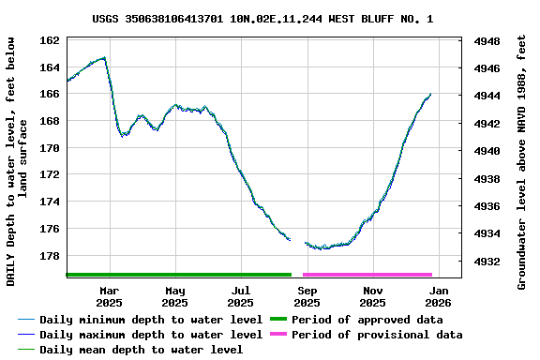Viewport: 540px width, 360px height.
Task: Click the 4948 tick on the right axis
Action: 487,42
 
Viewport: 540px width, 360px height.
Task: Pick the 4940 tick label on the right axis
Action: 487,151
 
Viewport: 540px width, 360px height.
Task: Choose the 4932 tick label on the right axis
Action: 487,262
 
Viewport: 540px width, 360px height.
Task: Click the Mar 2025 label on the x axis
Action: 110,296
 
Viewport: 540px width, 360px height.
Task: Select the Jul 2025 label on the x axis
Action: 241,296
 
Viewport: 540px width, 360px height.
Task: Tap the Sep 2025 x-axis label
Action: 307,296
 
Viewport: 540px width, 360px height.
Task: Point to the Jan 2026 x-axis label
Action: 439,296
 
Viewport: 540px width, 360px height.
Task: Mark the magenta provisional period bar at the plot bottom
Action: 367,275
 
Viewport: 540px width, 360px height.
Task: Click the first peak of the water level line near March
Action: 104,57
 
